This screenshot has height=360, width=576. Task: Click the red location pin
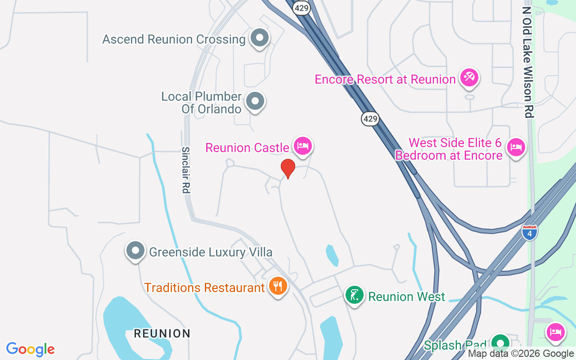(x=288, y=168)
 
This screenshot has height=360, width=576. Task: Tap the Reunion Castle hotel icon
(x=303, y=146)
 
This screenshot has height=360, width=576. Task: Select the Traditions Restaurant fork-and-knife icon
(x=278, y=286)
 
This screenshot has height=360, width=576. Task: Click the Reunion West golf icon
(x=355, y=295)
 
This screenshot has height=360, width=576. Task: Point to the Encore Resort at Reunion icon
(x=469, y=77)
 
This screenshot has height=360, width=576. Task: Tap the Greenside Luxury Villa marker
(x=135, y=251)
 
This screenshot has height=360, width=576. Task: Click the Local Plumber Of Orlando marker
(x=255, y=101)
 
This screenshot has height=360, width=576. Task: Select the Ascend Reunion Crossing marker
(x=259, y=38)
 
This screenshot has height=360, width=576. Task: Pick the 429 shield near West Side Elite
(x=370, y=119)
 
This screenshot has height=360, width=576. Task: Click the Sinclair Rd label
(x=185, y=170)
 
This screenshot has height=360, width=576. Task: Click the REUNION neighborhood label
(x=162, y=333)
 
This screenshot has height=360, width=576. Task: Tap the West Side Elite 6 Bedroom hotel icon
(x=516, y=147)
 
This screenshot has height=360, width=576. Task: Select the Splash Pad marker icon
(x=499, y=343)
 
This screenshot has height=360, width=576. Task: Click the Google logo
(x=31, y=349)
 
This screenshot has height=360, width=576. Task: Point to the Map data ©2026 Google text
(x=521, y=354)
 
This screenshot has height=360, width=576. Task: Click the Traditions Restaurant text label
(x=204, y=288)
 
